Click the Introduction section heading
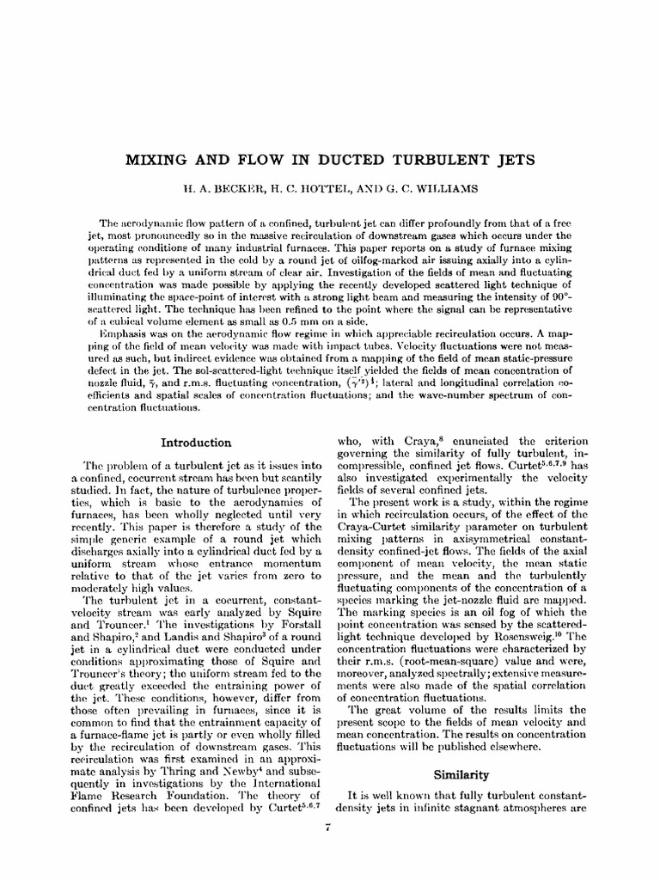(197, 443)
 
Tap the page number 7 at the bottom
(330, 827)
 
